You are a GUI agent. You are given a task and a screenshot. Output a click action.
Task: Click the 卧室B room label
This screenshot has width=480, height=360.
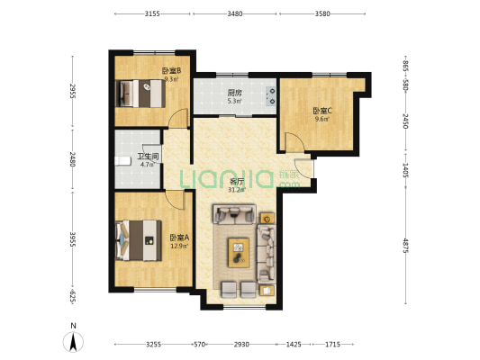[171, 71]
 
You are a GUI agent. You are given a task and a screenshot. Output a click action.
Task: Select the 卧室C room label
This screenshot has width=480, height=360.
[322, 111]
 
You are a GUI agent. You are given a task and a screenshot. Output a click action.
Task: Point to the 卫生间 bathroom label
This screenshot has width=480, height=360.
[148, 157]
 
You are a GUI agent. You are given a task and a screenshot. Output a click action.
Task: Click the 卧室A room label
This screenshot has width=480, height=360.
[180, 237]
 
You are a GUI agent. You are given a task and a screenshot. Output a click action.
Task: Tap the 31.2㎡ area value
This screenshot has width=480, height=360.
[237, 190]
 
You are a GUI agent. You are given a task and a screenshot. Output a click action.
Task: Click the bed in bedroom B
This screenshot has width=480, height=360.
[140, 94]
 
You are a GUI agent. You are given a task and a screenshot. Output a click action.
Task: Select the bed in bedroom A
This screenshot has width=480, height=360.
[139, 240]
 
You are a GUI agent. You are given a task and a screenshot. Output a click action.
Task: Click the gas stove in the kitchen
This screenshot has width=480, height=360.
[270, 96]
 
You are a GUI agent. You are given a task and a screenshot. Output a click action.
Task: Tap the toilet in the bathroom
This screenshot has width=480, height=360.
[122, 161]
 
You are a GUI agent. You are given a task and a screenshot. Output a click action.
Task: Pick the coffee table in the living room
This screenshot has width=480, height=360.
[239, 253]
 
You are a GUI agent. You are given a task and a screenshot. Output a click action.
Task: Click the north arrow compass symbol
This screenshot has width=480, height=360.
[73, 341]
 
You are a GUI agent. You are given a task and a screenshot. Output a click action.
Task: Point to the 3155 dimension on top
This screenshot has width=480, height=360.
[152, 13]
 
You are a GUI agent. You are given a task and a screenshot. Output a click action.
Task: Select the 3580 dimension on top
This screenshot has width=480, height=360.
[322, 13]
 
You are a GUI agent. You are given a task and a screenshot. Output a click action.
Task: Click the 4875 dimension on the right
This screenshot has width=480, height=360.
[405, 246]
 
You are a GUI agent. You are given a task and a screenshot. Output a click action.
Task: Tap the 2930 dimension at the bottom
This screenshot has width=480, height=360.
[241, 345]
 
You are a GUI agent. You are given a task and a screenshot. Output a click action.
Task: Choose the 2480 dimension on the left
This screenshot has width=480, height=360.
[73, 159]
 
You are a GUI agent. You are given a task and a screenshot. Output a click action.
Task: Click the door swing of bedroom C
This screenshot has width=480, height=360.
[294, 142]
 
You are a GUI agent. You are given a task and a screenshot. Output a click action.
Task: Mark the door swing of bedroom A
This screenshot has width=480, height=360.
[175, 200]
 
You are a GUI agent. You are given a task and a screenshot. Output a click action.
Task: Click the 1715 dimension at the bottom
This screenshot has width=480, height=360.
[332, 345]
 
